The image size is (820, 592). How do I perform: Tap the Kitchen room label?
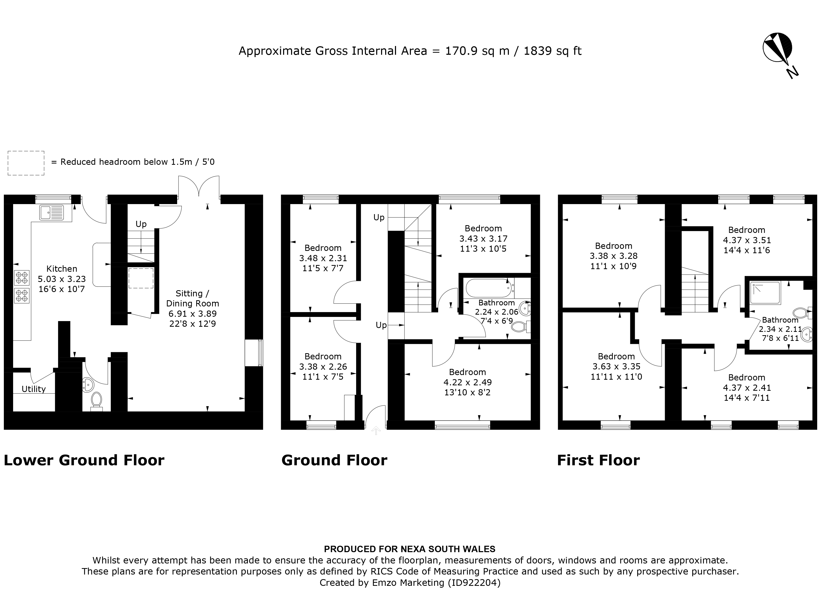[x=62, y=269]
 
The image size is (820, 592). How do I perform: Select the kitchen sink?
[x=52, y=213]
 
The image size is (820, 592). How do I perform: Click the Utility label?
[x=34, y=389]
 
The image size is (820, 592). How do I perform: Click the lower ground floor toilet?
[x=96, y=400]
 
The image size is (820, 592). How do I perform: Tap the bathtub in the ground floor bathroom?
[x=488, y=288]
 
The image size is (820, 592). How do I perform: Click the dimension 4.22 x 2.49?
[x=467, y=382]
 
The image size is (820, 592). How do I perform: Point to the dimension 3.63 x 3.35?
[x=616, y=367]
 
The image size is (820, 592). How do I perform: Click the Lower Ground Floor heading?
[x=84, y=460]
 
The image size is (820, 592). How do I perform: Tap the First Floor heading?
[x=598, y=460]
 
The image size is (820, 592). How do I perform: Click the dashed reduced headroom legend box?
[x=26, y=163]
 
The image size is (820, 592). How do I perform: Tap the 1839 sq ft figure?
[x=552, y=51]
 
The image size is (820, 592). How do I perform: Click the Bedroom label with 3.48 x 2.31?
[x=323, y=248]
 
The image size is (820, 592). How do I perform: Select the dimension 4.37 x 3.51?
[x=747, y=240]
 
